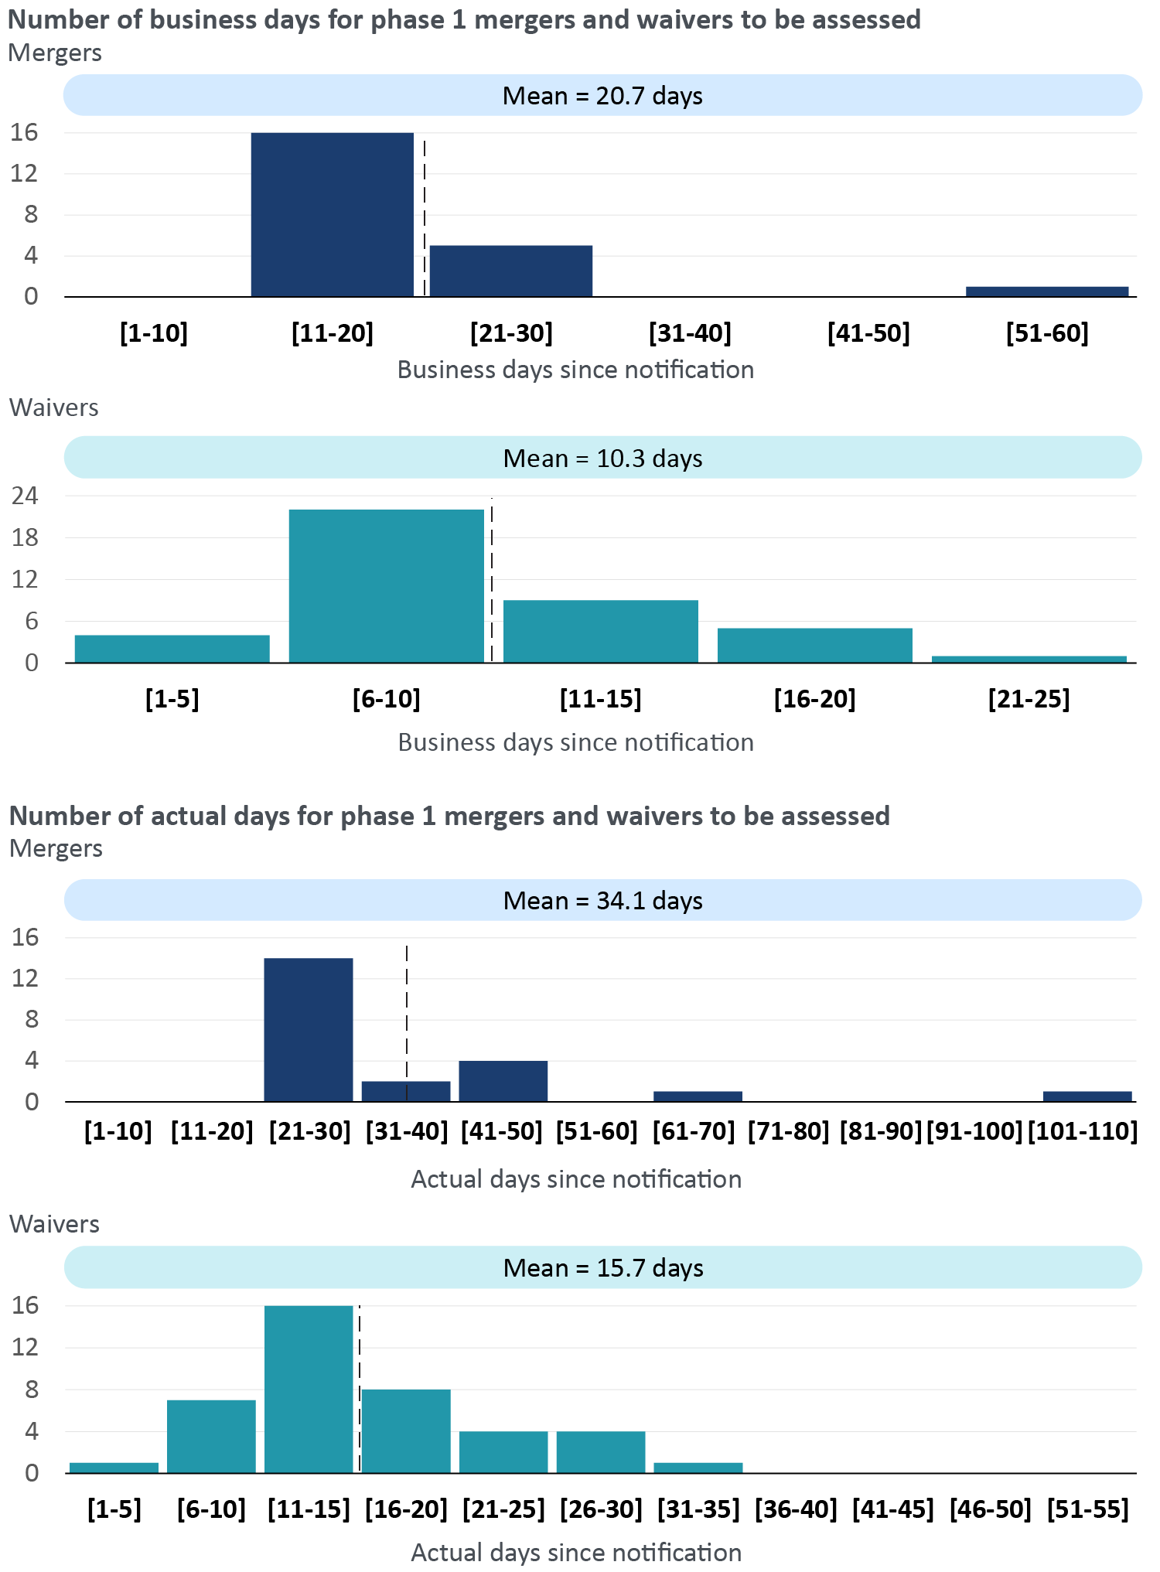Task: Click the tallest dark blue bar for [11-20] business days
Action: pyautogui.click(x=332, y=214)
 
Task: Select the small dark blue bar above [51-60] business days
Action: pyautogui.click(x=1046, y=292)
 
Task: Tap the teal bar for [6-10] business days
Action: pyautogui.click(x=386, y=585)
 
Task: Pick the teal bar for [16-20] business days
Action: pyautogui.click(x=814, y=645)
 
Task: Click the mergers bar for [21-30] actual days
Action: pyautogui.click(x=309, y=1029)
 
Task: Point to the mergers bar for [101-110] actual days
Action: pyautogui.click(x=1087, y=1096)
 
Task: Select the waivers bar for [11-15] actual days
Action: pyautogui.click(x=309, y=1389)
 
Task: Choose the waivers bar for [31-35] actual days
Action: pyautogui.click(x=698, y=1467)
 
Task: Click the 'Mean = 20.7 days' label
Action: pyautogui.click(x=602, y=96)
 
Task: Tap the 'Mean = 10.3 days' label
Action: pyautogui.click(x=602, y=459)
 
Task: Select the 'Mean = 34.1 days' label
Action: pyautogui.click(x=602, y=901)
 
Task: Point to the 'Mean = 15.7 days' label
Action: pyautogui.click(x=602, y=1268)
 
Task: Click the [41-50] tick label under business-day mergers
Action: pyautogui.click(x=868, y=333)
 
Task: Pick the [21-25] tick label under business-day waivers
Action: pyautogui.click(x=1029, y=699)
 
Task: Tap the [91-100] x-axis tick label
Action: pyautogui.click(x=974, y=1131)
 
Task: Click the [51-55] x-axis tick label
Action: pyautogui.click(x=1087, y=1509)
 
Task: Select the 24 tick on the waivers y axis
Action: pyautogui.click(x=25, y=496)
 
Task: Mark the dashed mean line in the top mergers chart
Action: pyautogui.click(x=425, y=217)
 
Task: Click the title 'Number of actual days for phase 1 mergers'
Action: pyautogui.click(x=449, y=816)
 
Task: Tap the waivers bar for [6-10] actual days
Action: pyautogui.click(x=211, y=1436)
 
